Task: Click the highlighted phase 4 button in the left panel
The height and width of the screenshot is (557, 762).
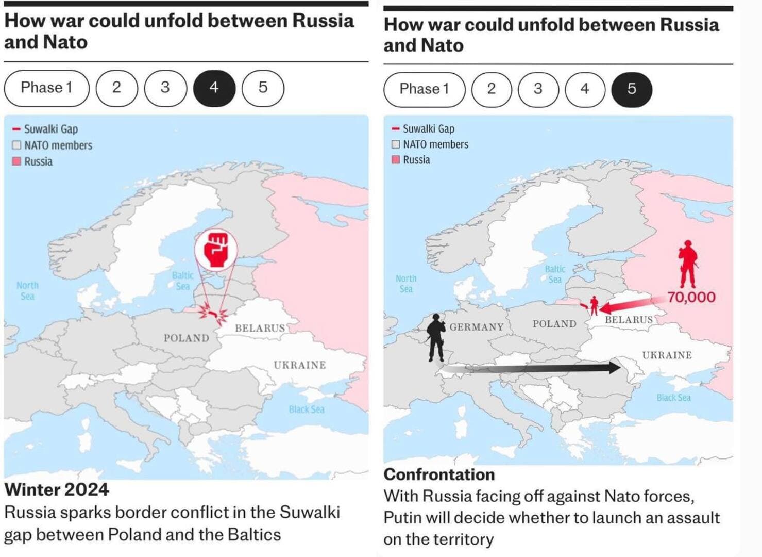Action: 214,88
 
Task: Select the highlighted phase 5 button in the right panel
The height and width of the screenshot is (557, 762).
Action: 632,89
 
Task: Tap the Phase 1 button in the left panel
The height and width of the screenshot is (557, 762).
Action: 46,88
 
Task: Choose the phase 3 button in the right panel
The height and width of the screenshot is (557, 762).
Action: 538,89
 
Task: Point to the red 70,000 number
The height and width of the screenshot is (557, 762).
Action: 691,298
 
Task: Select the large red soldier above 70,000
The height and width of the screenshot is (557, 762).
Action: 688,264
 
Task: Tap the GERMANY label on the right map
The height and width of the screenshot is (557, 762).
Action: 477,327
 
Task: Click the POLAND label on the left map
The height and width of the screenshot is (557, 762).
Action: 187,338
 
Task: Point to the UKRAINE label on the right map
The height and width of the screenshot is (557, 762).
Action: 667,355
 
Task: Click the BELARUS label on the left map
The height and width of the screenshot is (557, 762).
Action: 260,329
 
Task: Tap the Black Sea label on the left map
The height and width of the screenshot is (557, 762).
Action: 307,409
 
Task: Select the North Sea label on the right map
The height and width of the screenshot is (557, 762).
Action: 406,284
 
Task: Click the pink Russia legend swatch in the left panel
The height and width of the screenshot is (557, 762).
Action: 16,161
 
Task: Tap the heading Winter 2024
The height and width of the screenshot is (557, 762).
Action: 57,489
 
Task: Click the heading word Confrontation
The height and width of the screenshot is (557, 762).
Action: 439,474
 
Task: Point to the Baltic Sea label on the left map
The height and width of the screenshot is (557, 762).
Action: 183,281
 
